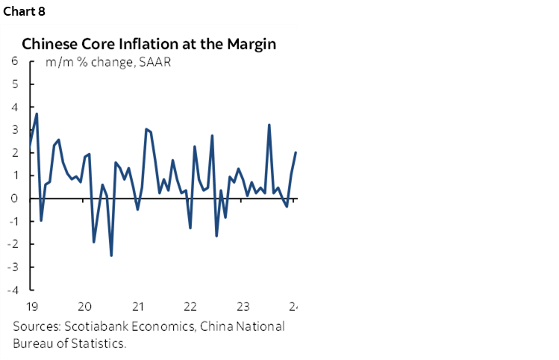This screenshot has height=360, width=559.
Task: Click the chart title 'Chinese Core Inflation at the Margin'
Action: point(149,44)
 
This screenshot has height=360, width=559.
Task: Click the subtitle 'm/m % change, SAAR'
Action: point(108,62)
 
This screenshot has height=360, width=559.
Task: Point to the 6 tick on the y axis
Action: point(15,61)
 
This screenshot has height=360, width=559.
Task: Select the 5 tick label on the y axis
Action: point(15,84)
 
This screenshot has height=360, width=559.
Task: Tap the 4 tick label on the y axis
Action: point(15,107)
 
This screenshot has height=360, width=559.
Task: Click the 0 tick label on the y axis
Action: point(15,199)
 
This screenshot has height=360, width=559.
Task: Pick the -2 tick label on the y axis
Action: point(13,244)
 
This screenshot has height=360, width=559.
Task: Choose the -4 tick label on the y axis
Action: point(13,291)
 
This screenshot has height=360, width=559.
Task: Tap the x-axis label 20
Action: point(84,306)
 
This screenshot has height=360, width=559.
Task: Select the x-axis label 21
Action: point(137,306)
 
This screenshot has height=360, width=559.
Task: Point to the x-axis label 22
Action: point(190,306)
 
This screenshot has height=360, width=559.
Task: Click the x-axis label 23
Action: point(242,306)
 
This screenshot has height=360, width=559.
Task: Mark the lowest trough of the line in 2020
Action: point(111,255)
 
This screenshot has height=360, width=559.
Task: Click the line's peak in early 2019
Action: point(37,114)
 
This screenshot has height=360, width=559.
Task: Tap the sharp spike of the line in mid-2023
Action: point(269,125)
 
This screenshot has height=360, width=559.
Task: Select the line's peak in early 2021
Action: point(146,129)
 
